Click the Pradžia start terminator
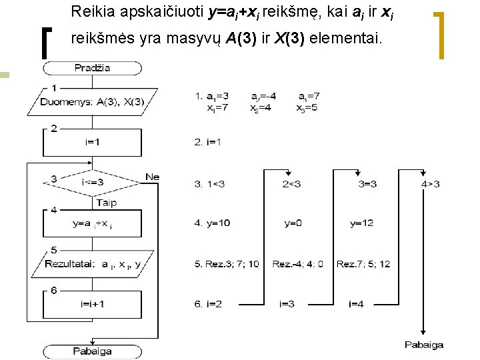tap(93, 68)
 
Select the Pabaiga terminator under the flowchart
tap(93, 351)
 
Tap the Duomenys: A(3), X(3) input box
tap(93, 102)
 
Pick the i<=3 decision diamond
tap(93, 182)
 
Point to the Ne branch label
tap(152, 177)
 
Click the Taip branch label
tap(107, 203)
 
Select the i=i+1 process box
tap(93, 304)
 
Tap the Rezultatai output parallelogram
tap(93, 265)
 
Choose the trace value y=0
tap(293, 223)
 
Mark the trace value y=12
tap(363, 223)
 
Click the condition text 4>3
tap(431, 184)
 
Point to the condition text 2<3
tap(292, 184)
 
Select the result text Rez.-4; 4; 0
tap(297, 265)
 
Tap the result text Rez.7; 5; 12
tap(363, 265)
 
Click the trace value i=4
tap(357, 305)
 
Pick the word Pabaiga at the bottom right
tap(424, 345)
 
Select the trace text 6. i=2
tap(209, 305)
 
